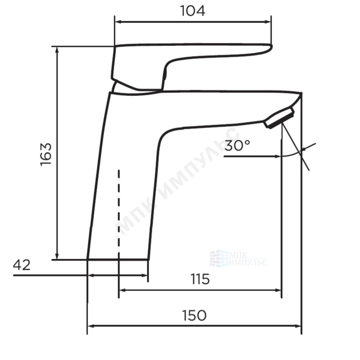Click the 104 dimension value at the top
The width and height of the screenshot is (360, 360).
pyautogui.click(x=193, y=11)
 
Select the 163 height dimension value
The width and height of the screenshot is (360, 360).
pyautogui.click(x=46, y=154)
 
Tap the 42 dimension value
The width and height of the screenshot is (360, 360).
pyautogui.click(x=22, y=265)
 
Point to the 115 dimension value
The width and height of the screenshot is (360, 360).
pyautogui.click(x=200, y=279)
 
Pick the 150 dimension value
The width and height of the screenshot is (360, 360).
pyautogui.click(x=194, y=315)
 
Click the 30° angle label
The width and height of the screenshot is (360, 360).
pyautogui.click(x=237, y=146)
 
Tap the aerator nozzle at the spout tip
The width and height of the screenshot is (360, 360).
pyautogui.click(x=280, y=118)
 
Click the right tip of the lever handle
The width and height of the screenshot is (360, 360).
pyautogui.click(x=272, y=46)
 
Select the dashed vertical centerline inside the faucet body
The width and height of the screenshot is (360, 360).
pyautogui.click(x=119, y=211)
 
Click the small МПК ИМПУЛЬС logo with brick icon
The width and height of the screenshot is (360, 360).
pyautogui.click(x=238, y=259)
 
